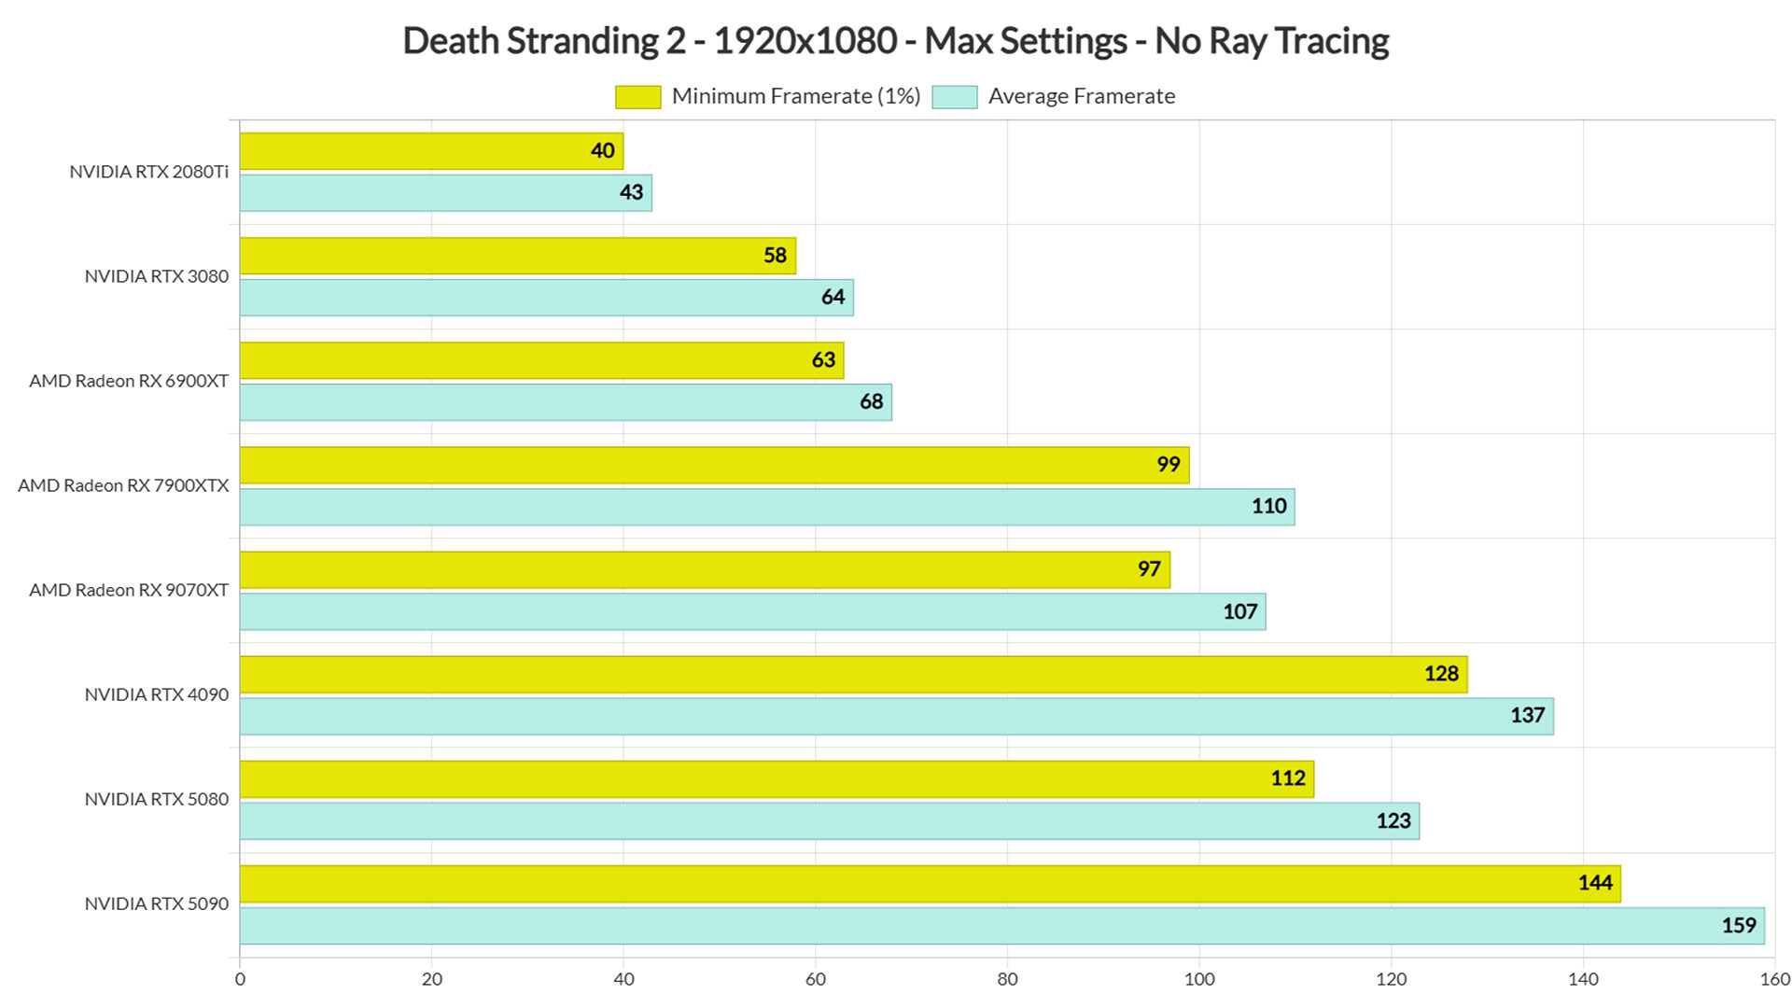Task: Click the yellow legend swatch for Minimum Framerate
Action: click(637, 97)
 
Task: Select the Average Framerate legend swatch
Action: click(954, 97)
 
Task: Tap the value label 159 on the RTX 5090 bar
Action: click(1739, 925)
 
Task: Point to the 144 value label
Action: click(1595, 883)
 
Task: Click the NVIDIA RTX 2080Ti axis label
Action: click(148, 172)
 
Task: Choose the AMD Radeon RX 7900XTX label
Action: click(123, 485)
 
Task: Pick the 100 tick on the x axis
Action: click(1199, 979)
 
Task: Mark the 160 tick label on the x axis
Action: click(1775, 979)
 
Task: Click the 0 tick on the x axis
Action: click(240, 979)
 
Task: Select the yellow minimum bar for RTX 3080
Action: click(518, 256)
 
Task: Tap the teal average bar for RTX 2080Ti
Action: click(446, 193)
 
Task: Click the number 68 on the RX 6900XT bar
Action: click(871, 401)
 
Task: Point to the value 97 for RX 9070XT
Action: click(1149, 569)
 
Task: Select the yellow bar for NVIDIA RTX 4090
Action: click(853, 675)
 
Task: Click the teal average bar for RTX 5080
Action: click(830, 821)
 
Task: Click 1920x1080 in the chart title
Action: click(805, 41)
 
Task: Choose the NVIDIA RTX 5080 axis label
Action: click(157, 799)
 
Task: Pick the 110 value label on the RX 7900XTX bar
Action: click(1269, 506)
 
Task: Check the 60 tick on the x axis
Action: click(816, 979)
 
